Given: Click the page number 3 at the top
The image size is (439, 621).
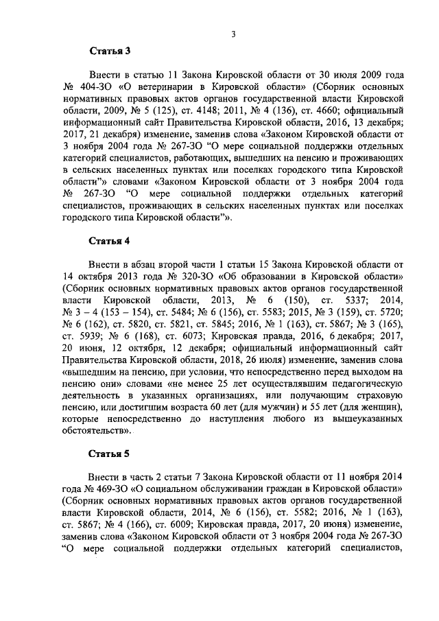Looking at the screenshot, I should pyautogui.click(x=233, y=27).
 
